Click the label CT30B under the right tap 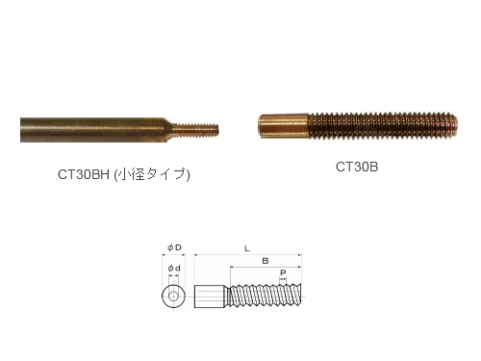click(357, 167)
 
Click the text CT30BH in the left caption click(84, 174)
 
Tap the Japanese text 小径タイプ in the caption click(151, 174)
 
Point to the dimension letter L click(247, 248)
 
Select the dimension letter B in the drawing click(266, 261)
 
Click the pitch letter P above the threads click(283, 273)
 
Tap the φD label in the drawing click(174, 247)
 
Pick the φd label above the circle click(174, 269)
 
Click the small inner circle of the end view click(173, 296)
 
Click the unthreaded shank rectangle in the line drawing click(209, 297)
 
